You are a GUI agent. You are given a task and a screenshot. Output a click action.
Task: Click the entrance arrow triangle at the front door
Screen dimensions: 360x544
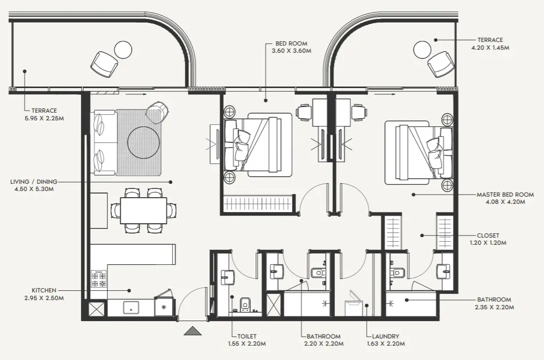point(193,331)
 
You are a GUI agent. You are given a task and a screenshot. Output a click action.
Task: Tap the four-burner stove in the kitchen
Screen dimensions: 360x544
point(98,279)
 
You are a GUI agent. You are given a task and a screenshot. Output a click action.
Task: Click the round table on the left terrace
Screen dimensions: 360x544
point(123,50)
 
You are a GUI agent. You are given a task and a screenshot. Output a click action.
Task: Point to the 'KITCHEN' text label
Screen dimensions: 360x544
point(44,290)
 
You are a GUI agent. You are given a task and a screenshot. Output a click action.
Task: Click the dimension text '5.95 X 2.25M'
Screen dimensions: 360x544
point(44,118)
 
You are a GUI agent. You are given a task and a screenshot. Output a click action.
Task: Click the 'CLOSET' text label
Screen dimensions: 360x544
point(488,236)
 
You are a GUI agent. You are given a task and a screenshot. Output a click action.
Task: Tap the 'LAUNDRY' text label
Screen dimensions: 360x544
point(386,336)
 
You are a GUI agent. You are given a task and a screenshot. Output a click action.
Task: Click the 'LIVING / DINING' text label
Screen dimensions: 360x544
point(34,181)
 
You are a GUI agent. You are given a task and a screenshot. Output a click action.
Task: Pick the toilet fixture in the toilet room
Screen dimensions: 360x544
point(245,304)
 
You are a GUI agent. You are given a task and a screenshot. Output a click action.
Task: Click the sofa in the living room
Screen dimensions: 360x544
point(103,143)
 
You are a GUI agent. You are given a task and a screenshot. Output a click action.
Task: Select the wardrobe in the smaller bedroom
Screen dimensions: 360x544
point(258,204)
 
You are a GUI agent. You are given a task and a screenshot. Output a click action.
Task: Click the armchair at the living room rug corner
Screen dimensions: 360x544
point(157,111)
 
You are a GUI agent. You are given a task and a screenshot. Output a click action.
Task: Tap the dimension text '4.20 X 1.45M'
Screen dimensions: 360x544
point(490,48)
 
